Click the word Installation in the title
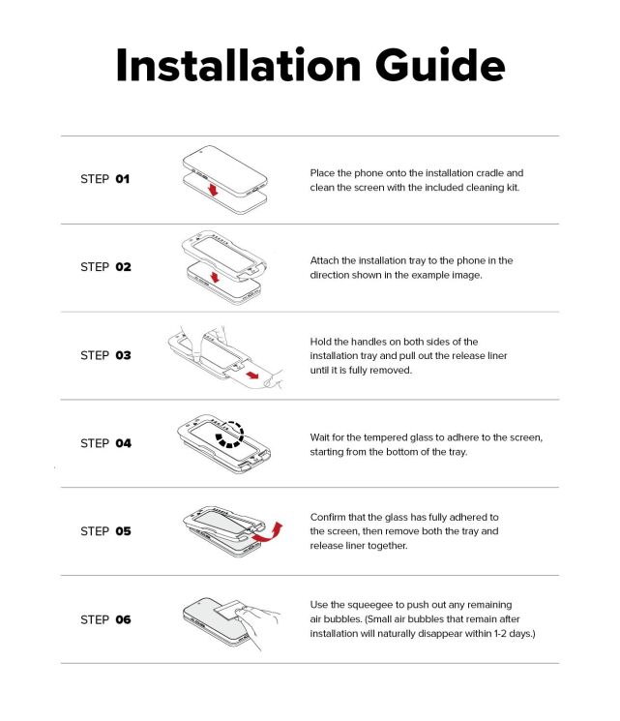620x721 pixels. pyautogui.click(x=239, y=65)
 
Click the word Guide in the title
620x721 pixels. pyautogui.click(x=440, y=65)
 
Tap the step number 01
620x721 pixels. pyautogui.click(x=122, y=179)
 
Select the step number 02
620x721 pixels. pyautogui.click(x=123, y=267)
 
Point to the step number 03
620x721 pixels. pyautogui.click(x=123, y=355)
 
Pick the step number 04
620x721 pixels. pyautogui.click(x=123, y=443)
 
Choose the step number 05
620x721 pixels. pyautogui.click(x=123, y=531)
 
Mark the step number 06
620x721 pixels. pyautogui.click(x=123, y=619)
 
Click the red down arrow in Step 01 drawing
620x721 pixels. pyautogui.click(x=213, y=189)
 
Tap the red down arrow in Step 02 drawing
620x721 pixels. pyautogui.click(x=215, y=278)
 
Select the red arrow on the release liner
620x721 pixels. pyautogui.click(x=252, y=376)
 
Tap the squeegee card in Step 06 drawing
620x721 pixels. pyautogui.click(x=226, y=611)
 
